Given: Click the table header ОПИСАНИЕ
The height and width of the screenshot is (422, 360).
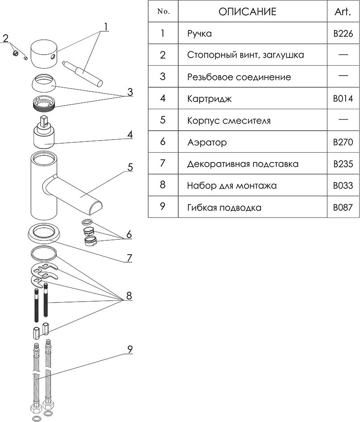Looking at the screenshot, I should [x=247, y=12].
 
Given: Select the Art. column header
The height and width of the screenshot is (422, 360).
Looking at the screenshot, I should [x=343, y=12].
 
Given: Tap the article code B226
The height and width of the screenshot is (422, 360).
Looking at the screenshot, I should [x=343, y=34].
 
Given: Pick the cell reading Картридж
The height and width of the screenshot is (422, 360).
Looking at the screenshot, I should [x=210, y=99].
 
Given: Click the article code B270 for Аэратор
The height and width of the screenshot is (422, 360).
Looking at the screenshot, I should [x=343, y=142].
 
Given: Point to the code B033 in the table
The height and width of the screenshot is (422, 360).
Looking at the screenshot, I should [x=343, y=186].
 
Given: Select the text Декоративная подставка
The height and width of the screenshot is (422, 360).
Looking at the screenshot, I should [x=243, y=164].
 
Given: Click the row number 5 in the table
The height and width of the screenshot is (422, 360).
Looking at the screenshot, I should [x=163, y=120].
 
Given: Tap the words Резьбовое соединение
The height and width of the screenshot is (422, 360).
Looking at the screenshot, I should [x=239, y=77].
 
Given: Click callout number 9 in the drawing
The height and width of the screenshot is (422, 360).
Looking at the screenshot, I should [x=130, y=350].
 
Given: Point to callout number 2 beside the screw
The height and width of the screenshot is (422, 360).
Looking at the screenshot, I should [x=6, y=38].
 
